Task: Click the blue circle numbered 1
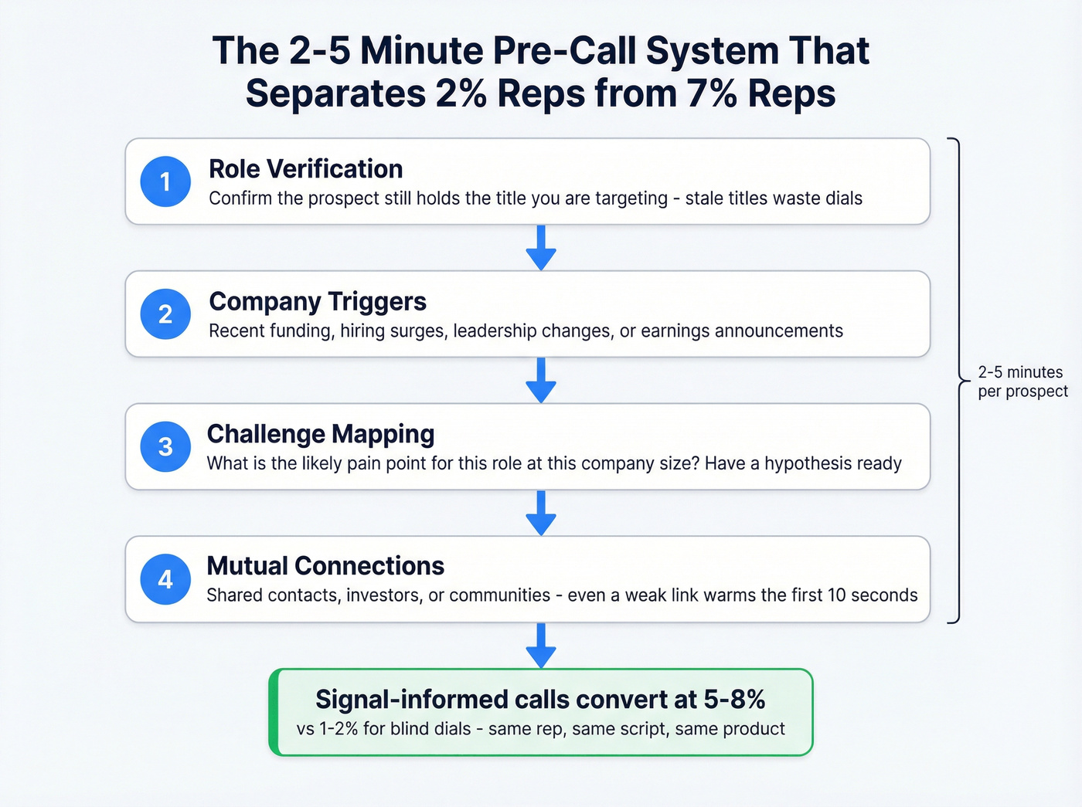click(165, 181)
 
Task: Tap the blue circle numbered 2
click(165, 314)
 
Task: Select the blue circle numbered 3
click(165, 446)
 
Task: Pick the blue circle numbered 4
click(165, 579)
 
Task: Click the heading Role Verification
click(305, 169)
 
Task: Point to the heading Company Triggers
click(318, 301)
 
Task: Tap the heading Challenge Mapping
click(321, 434)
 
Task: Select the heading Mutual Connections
click(325, 566)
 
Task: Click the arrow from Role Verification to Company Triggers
click(541, 248)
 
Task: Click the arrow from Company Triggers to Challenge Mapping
click(541, 380)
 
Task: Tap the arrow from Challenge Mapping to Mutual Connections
click(541, 513)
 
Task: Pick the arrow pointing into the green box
click(541, 646)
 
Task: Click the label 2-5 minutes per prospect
click(1022, 381)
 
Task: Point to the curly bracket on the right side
click(958, 380)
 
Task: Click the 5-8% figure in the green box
click(734, 700)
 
